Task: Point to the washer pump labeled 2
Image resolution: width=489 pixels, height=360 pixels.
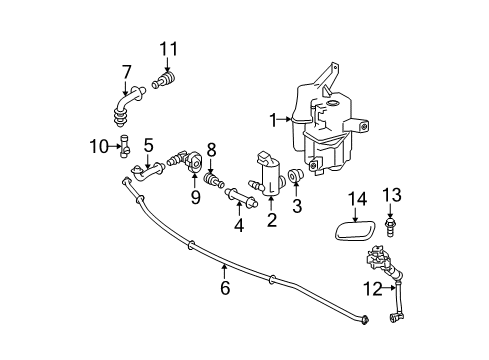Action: pyautogui.click(x=269, y=176)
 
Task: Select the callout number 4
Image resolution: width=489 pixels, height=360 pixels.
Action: pyautogui.click(x=238, y=226)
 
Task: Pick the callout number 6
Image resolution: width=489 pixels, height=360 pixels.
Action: pyautogui.click(x=225, y=289)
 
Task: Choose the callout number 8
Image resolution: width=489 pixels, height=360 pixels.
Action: pyautogui.click(x=211, y=150)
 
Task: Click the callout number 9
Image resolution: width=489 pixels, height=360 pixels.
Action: pyautogui.click(x=195, y=198)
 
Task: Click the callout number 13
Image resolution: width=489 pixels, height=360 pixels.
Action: pyautogui.click(x=392, y=193)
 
